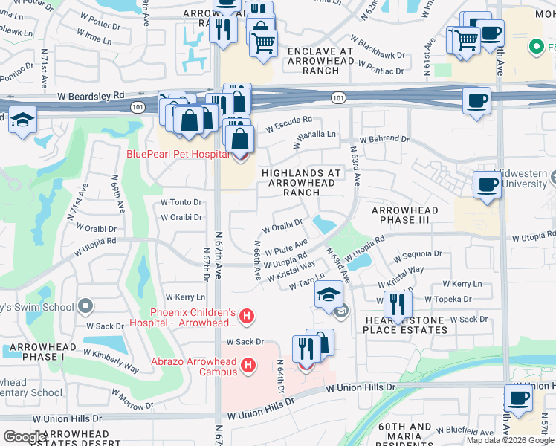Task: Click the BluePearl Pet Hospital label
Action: (177, 154)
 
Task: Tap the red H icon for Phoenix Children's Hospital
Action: (248, 317)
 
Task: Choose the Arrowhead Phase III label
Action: (404, 216)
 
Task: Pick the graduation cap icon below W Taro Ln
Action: (329, 295)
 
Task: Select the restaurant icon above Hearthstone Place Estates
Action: (398, 304)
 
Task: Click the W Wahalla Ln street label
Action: (314, 135)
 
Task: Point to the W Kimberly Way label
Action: (111, 361)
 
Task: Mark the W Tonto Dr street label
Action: (181, 202)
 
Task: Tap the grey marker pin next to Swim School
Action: (85, 306)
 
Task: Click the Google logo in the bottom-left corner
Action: (25, 436)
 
